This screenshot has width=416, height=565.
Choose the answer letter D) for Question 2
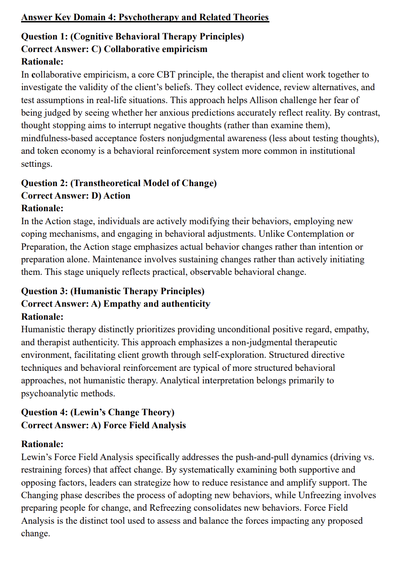(96, 196)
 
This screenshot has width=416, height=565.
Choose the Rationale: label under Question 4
(43, 444)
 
